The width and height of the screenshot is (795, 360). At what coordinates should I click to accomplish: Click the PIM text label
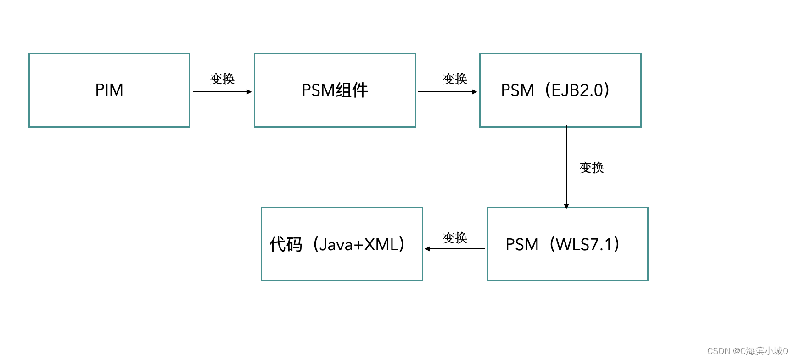[109, 90]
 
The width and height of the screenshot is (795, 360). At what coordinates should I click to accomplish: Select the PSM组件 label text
[335, 90]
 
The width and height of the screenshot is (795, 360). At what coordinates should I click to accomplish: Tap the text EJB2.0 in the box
[577, 90]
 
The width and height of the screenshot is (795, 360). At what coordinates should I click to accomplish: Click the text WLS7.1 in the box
[584, 244]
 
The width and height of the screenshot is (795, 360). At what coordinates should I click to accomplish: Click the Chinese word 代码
[286, 244]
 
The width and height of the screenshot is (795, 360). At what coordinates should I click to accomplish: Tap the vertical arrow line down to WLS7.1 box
[566, 165]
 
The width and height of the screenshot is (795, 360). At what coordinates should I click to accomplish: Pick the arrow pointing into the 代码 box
[454, 249]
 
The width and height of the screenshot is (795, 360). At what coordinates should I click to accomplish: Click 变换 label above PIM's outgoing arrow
[222, 79]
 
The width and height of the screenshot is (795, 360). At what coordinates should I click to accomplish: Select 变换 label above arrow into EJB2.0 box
[455, 79]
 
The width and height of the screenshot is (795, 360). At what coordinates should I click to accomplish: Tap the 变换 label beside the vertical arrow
[592, 168]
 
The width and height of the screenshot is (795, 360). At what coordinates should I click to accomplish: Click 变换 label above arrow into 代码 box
[455, 237]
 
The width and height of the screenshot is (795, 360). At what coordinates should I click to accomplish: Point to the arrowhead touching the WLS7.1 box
[566, 207]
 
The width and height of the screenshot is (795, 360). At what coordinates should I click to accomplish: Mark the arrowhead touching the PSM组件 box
[249, 92]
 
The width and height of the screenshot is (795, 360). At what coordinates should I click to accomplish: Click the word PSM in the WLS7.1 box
[522, 245]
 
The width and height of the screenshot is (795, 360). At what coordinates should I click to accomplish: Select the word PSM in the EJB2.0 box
[517, 90]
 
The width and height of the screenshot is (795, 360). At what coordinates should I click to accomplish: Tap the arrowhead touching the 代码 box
[427, 249]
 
